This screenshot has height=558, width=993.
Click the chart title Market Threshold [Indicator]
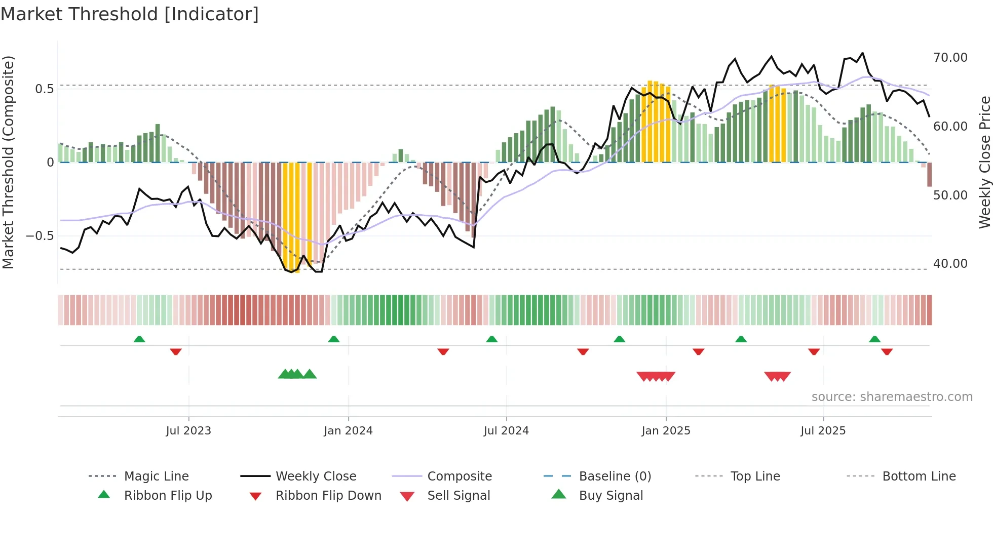(130, 14)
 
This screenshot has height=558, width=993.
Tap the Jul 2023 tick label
(188, 431)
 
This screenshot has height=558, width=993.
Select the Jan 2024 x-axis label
(348, 431)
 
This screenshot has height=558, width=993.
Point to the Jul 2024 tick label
(506, 431)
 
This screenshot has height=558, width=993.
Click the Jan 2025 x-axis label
(666, 431)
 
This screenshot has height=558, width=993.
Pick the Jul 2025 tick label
(823, 431)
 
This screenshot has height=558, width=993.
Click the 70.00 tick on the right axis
(950, 58)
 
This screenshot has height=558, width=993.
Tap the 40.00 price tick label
(950, 264)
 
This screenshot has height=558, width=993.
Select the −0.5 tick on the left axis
(40, 236)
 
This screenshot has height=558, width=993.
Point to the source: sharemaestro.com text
(892, 397)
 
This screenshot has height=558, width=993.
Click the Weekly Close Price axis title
(984, 162)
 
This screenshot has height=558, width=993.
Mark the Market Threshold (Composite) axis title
(8, 162)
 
